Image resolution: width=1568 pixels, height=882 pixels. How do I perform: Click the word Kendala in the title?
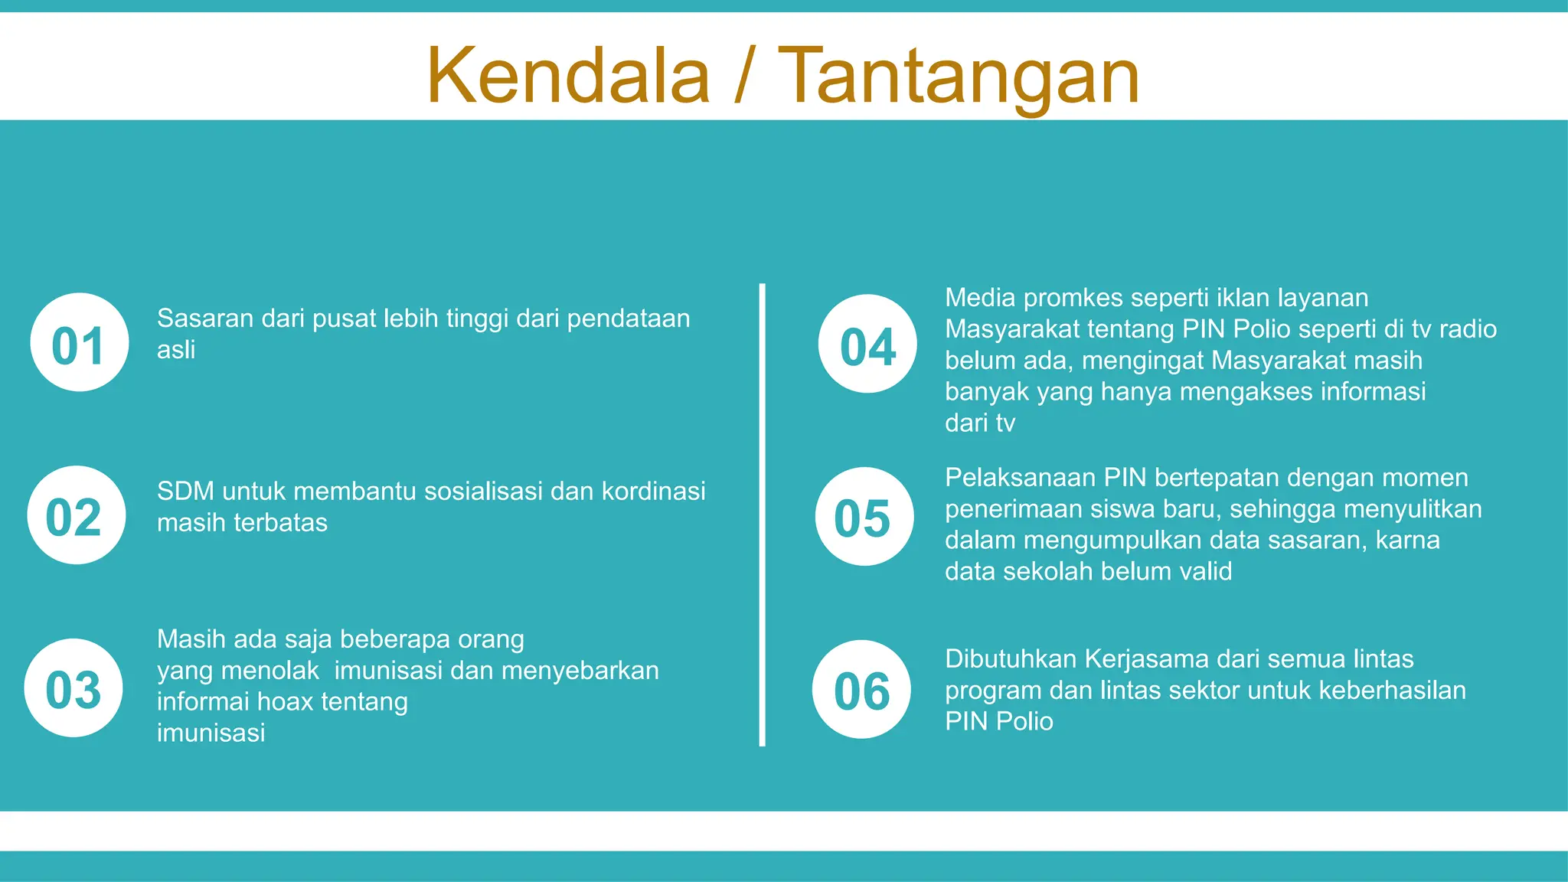pyautogui.click(x=568, y=76)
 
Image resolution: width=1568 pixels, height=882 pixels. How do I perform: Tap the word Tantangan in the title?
pyautogui.click(x=959, y=76)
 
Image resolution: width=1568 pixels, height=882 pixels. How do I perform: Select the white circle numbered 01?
pyautogui.click(x=79, y=342)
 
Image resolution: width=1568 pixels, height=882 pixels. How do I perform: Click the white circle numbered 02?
pyautogui.click(x=76, y=515)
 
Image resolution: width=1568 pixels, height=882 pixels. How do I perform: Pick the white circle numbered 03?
pyautogui.click(x=73, y=688)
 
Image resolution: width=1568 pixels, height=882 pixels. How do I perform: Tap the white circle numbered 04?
pyautogui.click(x=867, y=344)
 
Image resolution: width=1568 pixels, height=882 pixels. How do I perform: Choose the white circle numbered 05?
pyautogui.click(x=864, y=517)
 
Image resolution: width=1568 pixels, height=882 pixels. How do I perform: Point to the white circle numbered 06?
pyautogui.click(x=861, y=689)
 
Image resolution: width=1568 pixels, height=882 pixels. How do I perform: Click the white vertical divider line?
pyautogui.click(x=763, y=514)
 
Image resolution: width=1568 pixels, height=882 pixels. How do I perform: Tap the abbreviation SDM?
pyautogui.click(x=185, y=491)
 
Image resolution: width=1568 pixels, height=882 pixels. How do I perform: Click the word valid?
pyautogui.click(x=1204, y=572)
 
